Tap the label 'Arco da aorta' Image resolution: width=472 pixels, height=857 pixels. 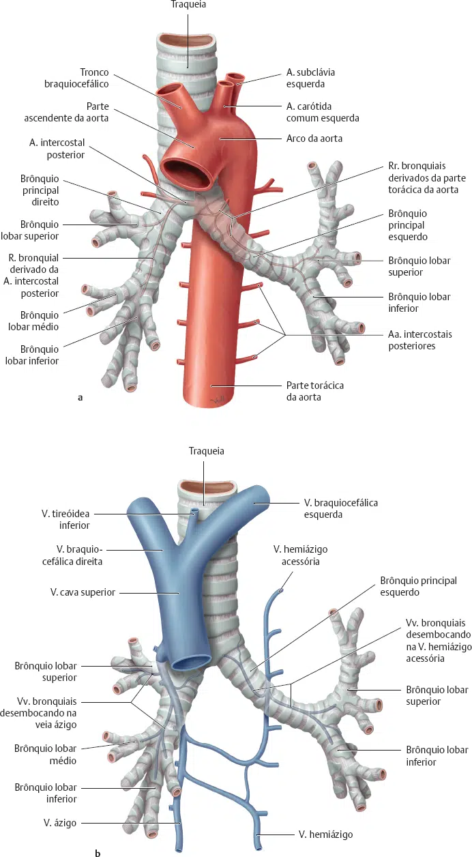(x=314, y=139)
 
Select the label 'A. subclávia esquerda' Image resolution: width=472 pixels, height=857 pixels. (x=310, y=78)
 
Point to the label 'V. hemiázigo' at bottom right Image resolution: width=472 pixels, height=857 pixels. (x=326, y=834)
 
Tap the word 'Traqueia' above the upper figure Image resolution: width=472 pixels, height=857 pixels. (x=188, y=5)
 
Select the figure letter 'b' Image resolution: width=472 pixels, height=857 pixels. (x=98, y=852)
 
